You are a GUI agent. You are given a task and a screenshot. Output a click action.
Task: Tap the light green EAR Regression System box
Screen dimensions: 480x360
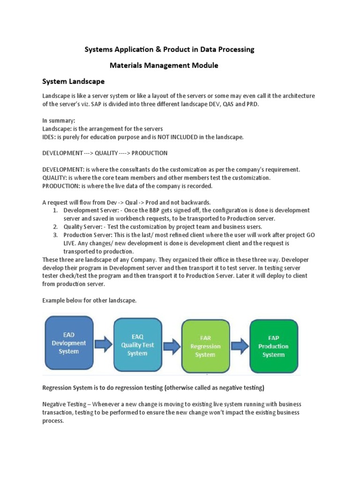point(205,346)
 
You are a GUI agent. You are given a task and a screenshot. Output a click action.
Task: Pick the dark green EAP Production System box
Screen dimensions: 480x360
point(273,346)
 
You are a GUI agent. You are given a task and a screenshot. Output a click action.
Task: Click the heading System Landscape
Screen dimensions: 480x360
point(73,81)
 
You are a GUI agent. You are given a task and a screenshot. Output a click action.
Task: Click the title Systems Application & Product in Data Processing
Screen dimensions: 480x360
point(169,49)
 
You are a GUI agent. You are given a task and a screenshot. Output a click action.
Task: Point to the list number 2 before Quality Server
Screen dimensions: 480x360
point(55,226)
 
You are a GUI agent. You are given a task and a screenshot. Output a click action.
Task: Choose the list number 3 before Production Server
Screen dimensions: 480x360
point(55,234)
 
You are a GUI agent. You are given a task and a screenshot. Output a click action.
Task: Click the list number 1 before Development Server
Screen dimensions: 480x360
point(55,210)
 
